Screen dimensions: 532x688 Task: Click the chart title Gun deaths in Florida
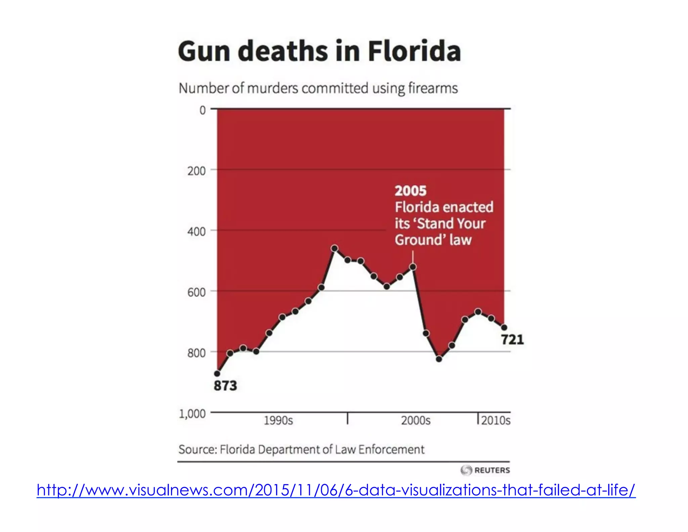(x=319, y=51)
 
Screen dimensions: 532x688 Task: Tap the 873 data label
(x=225, y=386)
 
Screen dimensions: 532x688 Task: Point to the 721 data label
(x=512, y=340)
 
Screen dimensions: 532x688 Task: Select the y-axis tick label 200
(x=197, y=171)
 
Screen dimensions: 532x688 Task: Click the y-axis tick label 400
(x=197, y=232)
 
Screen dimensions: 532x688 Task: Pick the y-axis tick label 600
(x=197, y=292)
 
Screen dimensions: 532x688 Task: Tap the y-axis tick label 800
(x=197, y=353)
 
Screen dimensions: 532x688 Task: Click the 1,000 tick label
(x=192, y=414)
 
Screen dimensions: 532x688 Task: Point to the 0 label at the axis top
(x=203, y=110)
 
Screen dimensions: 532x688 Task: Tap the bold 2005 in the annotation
(x=410, y=191)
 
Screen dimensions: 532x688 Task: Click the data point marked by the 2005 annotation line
(x=413, y=267)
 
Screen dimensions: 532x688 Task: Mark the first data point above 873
(x=217, y=373)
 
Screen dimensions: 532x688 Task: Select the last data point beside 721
(x=504, y=328)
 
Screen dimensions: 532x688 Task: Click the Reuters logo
(x=485, y=470)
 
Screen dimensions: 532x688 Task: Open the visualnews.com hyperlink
(x=336, y=490)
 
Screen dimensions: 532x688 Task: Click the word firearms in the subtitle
(x=433, y=88)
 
